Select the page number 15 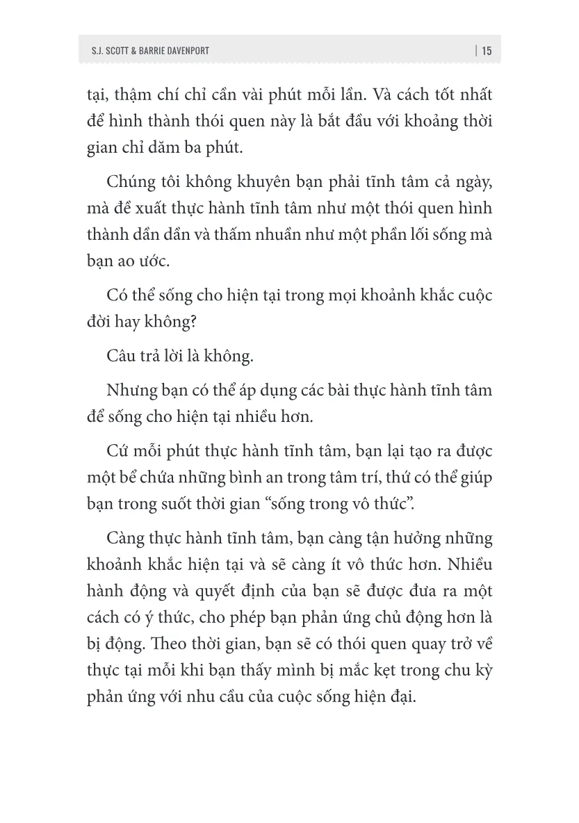[x=487, y=51]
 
